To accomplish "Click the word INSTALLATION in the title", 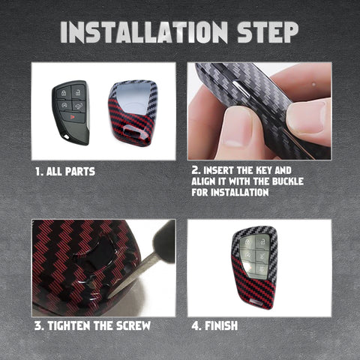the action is pos(144,32).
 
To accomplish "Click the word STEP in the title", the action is pos(268,32).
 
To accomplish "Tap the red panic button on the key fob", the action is pos(73,116).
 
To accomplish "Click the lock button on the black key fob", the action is pos(64,93).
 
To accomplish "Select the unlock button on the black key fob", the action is pos(79,91).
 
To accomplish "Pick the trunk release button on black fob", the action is pos(79,106).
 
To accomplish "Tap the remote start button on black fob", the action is pos(64,106).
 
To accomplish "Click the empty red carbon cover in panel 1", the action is pos(133,113).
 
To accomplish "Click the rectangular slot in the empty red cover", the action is pos(130,131).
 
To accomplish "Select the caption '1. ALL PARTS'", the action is pos(65,172).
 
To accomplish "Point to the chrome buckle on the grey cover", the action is pos(241,88).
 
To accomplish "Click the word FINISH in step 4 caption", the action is pos(221,325).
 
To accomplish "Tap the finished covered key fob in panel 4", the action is pos(254,267).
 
